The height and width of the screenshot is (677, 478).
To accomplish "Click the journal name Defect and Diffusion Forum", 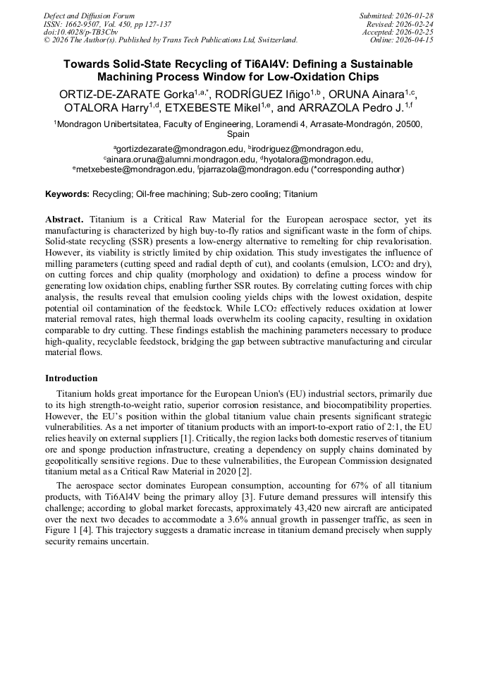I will pos(89,16).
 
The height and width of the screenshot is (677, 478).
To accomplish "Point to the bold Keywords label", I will pos(68,193).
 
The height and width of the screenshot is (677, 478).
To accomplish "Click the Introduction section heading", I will pos(72,378).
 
